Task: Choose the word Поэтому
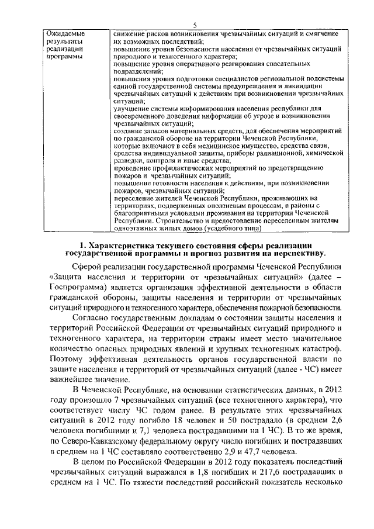pyautogui.click(x=68, y=359)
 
